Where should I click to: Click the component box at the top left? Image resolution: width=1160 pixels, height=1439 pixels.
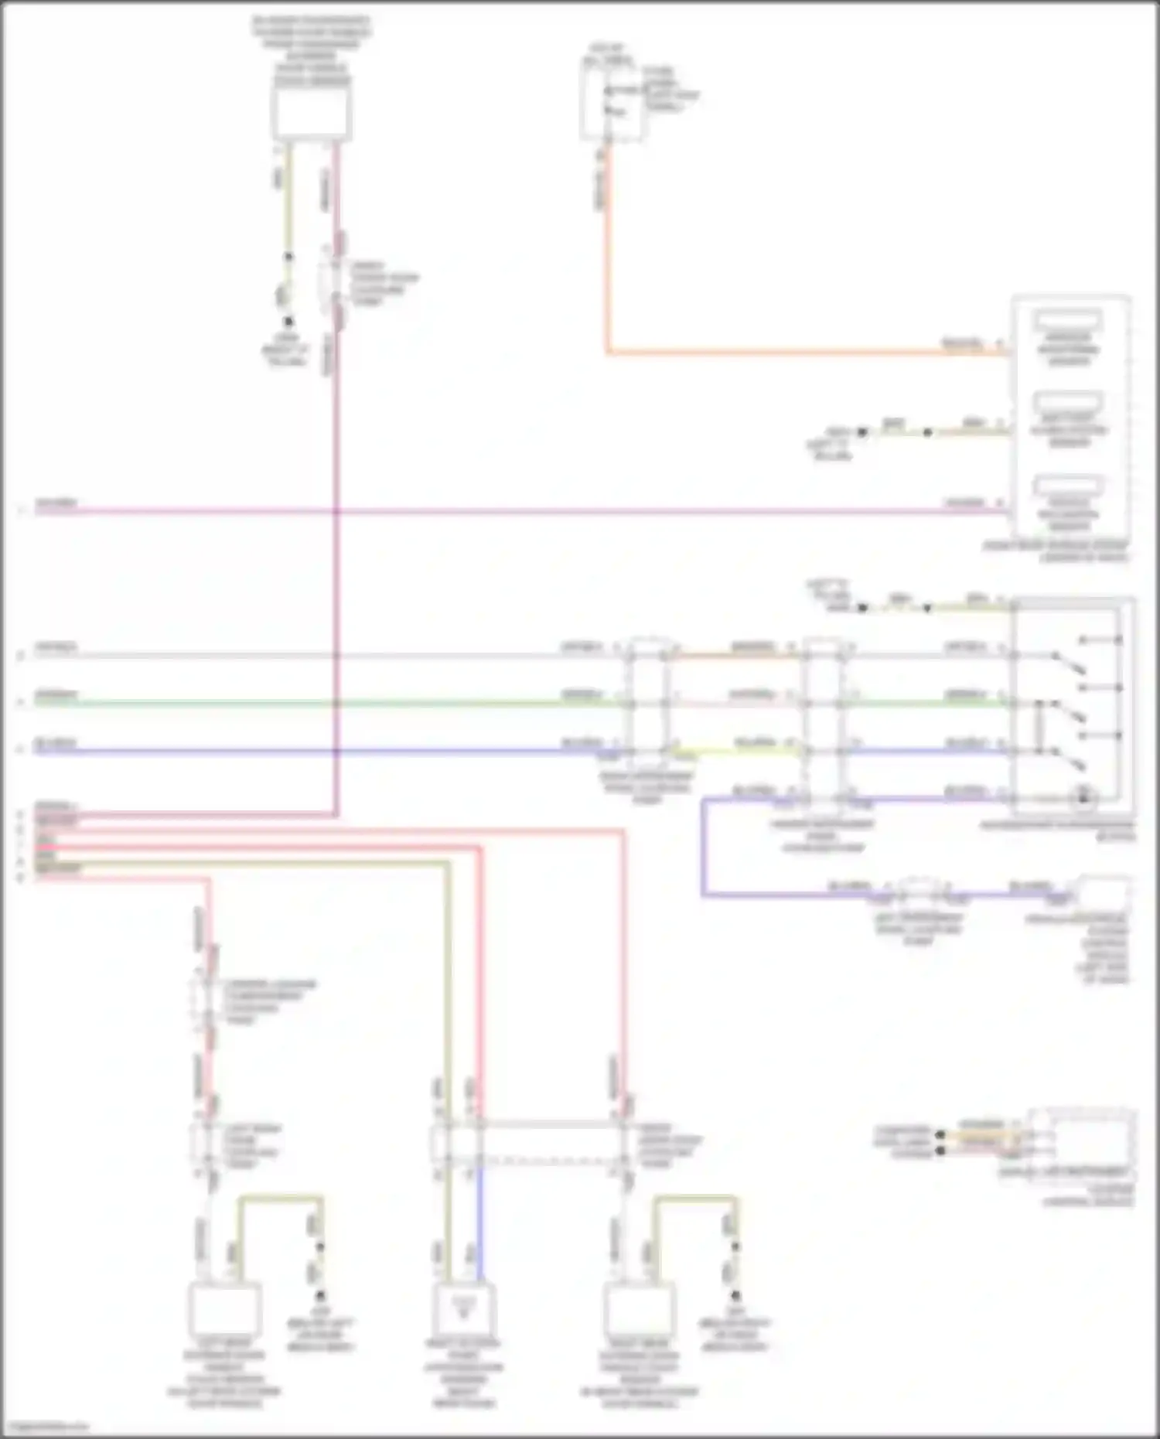pos(312,113)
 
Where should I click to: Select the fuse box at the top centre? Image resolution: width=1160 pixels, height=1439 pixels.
pos(611,101)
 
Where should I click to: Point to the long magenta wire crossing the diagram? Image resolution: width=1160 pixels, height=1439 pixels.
pos(541,511)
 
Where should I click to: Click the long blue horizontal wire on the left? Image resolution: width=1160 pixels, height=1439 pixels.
pos(309,751)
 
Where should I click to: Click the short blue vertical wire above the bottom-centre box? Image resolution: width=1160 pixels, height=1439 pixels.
pos(479,1222)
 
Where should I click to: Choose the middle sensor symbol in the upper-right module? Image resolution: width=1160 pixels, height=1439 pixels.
pos(1069,403)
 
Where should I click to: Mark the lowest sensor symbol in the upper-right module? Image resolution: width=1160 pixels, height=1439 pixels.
pos(1069,486)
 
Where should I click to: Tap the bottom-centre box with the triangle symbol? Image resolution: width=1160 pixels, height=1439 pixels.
pos(464,1309)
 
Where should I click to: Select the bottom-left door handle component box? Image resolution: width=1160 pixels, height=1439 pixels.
pos(225,1309)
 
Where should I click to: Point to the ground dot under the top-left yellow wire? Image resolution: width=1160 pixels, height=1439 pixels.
pos(288,321)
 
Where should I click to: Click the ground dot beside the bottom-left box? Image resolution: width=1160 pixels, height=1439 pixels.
pos(319,1295)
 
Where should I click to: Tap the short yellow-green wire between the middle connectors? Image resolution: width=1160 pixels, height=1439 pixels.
pos(735,751)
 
